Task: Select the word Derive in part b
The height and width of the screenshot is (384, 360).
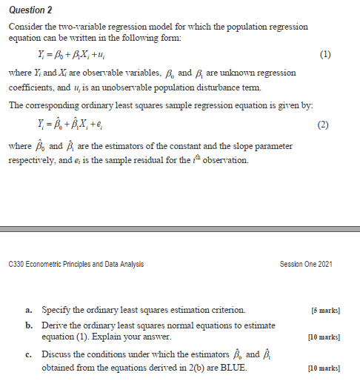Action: (x=56, y=325)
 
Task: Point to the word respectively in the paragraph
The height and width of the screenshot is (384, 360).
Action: (x=35, y=160)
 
